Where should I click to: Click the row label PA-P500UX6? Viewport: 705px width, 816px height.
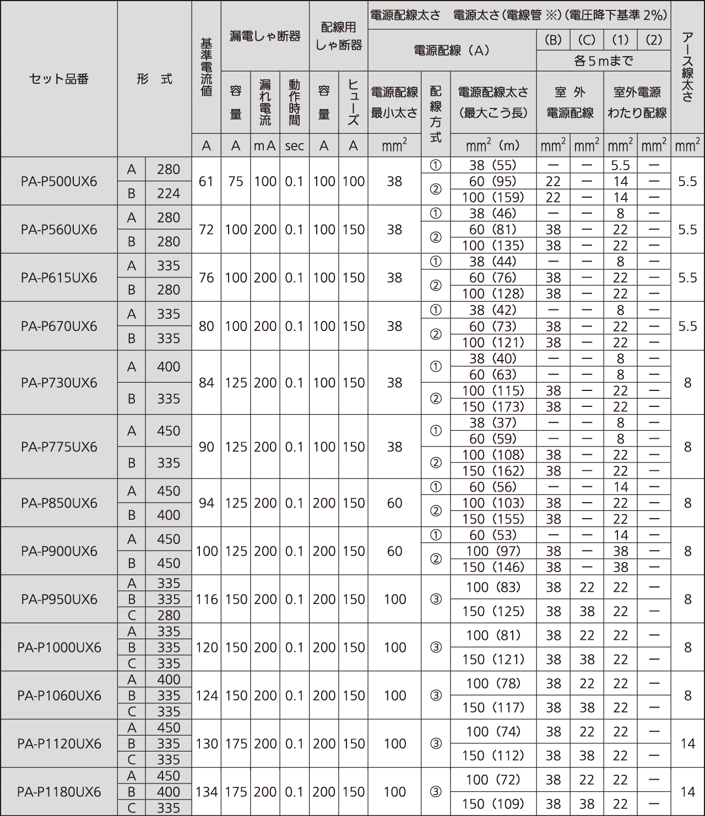coord(59,181)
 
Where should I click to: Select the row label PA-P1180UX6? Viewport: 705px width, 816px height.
coord(59,791)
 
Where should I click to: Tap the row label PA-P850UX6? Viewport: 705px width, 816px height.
coord(59,503)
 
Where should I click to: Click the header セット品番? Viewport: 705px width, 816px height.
coord(59,79)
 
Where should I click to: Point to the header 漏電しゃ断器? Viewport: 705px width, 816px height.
coord(265,36)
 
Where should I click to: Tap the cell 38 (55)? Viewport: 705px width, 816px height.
coord(493,165)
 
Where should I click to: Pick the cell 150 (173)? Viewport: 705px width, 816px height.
coord(493,406)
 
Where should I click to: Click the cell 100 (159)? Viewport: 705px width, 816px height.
coord(493,197)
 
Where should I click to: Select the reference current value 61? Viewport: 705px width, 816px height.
coord(207,181)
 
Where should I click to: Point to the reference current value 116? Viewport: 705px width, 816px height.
coord(207,599)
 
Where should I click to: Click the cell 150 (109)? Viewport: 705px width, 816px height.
coord(493,803)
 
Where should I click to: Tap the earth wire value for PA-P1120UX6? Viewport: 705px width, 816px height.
coord(687,743)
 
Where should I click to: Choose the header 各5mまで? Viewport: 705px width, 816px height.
coord(603,61)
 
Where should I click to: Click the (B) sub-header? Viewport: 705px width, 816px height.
coord(553,40)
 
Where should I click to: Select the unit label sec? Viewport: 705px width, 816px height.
coord(295,145)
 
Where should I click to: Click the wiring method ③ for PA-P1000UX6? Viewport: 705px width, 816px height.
coord(435,648)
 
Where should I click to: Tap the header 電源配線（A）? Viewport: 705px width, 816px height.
coord(452,50)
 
